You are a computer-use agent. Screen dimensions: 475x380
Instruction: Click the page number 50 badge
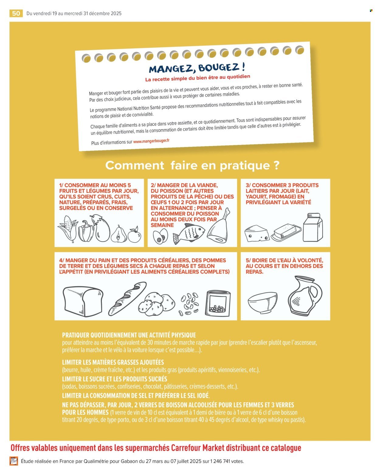[16, 13]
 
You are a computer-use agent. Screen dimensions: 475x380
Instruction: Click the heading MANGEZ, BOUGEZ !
[197, 67]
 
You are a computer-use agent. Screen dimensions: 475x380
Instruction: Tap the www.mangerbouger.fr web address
[151, 141]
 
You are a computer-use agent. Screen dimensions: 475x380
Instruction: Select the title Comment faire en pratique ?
[192, 165]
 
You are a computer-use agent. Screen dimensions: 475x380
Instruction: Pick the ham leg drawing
[219, 228]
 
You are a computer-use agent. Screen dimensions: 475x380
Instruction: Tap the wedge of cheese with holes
[257, 233]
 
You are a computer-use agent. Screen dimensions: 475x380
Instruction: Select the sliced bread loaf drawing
[83, 301]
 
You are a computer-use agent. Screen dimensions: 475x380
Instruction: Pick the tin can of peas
[218, 303]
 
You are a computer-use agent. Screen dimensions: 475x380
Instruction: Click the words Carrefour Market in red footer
[194, 448]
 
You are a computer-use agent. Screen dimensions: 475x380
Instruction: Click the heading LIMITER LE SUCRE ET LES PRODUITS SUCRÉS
[115, 379]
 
